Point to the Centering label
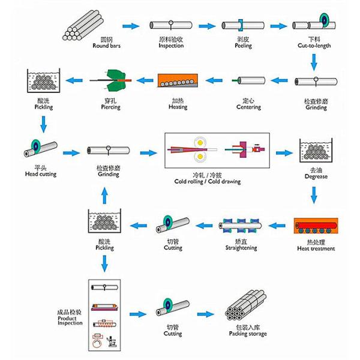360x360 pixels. pyautogui.click(x=251, y=107)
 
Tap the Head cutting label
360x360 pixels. pyautogui.click(x=40, y=174)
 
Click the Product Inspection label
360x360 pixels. pyautogui.click(x=70, y=319)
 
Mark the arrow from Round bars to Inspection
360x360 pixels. pyautogui.click(x=130, y=26)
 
